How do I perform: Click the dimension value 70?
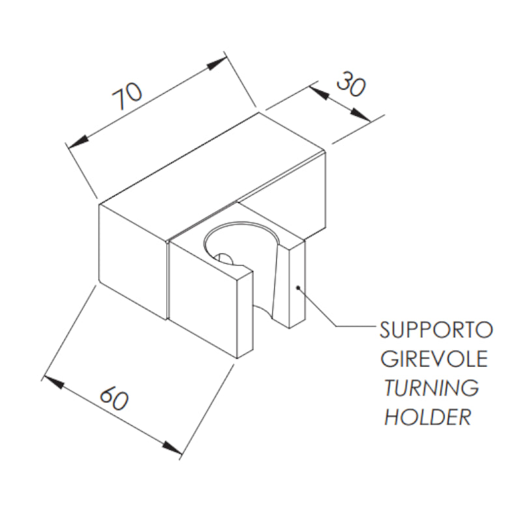pyautogui.click(x=127, y=96)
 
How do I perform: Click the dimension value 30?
pyautogui.click(x=351, y=85)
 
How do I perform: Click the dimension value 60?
pyautogui.click(x=113, y=399)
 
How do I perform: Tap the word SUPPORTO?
pyautogui.click(x=436, y=330)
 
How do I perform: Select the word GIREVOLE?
pyautogui.click(x=434, y=358)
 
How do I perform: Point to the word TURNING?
pyautogui.click(x=432, y=387)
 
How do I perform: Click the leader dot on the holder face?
pyautogui.click(x=298, y=287)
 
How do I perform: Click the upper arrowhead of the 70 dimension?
pyautogui.click(x=216, y=63)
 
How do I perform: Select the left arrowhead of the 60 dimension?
pyautogui.click(x=53, y=382)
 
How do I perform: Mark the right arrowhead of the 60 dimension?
pyautogui.click(x=173, y=448)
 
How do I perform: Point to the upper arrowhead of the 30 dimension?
pyautogui.click(x=319, y=92)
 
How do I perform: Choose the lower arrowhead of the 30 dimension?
pyautogui.click(x=361, y=115)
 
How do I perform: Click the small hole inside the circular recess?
pyautogui.click(x=223, y=259)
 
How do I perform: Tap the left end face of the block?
pyautogui.click(x=132, y=262)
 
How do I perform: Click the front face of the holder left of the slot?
pyautogui.click(x=203, y=299)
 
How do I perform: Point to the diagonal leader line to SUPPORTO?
pyautogui.click(x=317, y=307)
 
